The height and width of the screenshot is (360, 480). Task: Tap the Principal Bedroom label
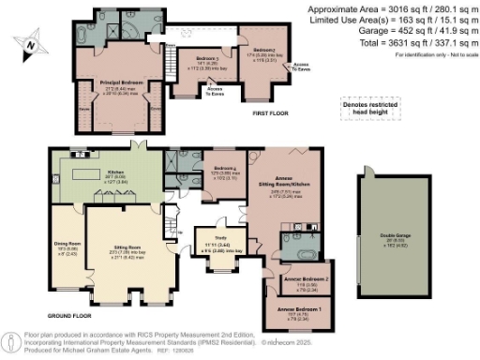[121, 83]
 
